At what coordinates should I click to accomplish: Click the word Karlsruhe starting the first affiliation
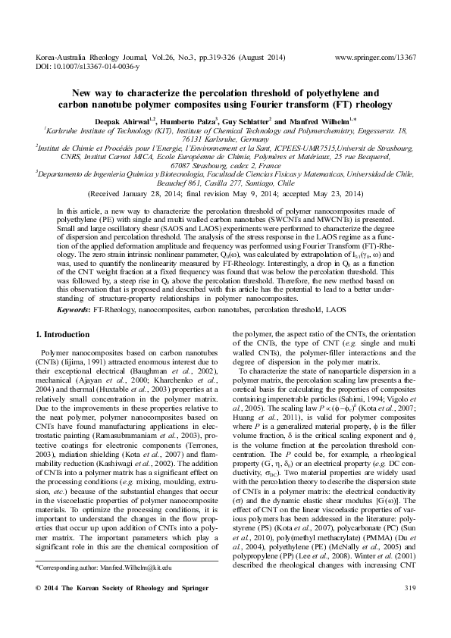coord(64,130)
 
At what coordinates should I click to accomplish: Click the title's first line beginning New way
coord(225,93)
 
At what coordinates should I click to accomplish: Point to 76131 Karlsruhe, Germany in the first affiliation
coord(226,139)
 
